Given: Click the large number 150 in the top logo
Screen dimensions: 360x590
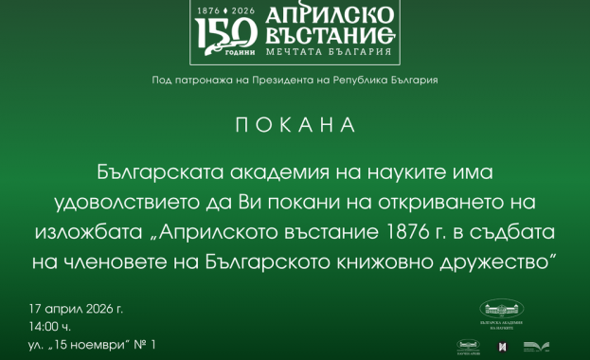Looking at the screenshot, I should pyautogui.click(x=225, y=35).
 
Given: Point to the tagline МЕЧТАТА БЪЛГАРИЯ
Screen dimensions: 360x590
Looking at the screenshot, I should pyautogui.click(x=325, y=61).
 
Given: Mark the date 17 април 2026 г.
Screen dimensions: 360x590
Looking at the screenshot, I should pyautogui.click(x=76, y=308).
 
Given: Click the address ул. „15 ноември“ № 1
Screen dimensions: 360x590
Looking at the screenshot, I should pyautogui.click(x=92, y=345).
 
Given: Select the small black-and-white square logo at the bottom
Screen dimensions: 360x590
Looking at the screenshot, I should pyautogui.click(x=502, y=346).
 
